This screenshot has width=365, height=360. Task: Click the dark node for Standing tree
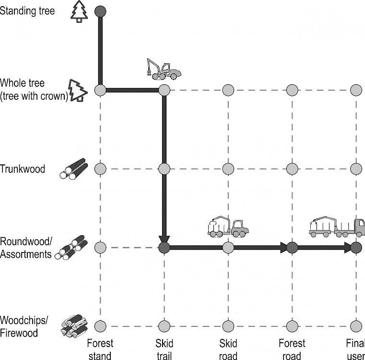pyautogui.click(x=100, y=11)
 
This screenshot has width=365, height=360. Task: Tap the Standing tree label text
pyautogui.click(x=27, y=11)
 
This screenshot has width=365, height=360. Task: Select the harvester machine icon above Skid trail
pyautogui.click(x=164, y=70)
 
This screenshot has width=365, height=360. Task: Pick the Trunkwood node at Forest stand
pyautogui.click(x=100, y=169)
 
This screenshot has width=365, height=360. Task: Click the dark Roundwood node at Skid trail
pyautogui.click(x=165, y=247)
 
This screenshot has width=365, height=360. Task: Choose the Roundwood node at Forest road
pyautogui.click(x=292, y=247)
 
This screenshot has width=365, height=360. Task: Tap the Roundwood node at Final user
pyautogui.click(x=356, y=247)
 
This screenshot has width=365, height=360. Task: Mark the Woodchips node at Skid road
pyautogui.click(x=228, y=326)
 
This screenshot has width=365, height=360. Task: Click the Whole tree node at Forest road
pyautogui.click(x=292, y=90)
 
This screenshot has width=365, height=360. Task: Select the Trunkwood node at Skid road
pyautogui.click(x=228, y=169)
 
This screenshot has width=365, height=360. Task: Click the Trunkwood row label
pyautogui.click(x=23, y=169)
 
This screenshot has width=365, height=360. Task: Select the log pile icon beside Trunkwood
pyautogui.click(x=74, y=169)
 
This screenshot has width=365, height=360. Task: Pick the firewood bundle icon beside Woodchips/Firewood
pyautogui.click(x=74, y=326)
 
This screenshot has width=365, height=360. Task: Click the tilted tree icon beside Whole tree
pyautogui.click(x=78, y=90)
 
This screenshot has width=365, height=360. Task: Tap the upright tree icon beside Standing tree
pyautogui.click(x=79, y=12)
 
